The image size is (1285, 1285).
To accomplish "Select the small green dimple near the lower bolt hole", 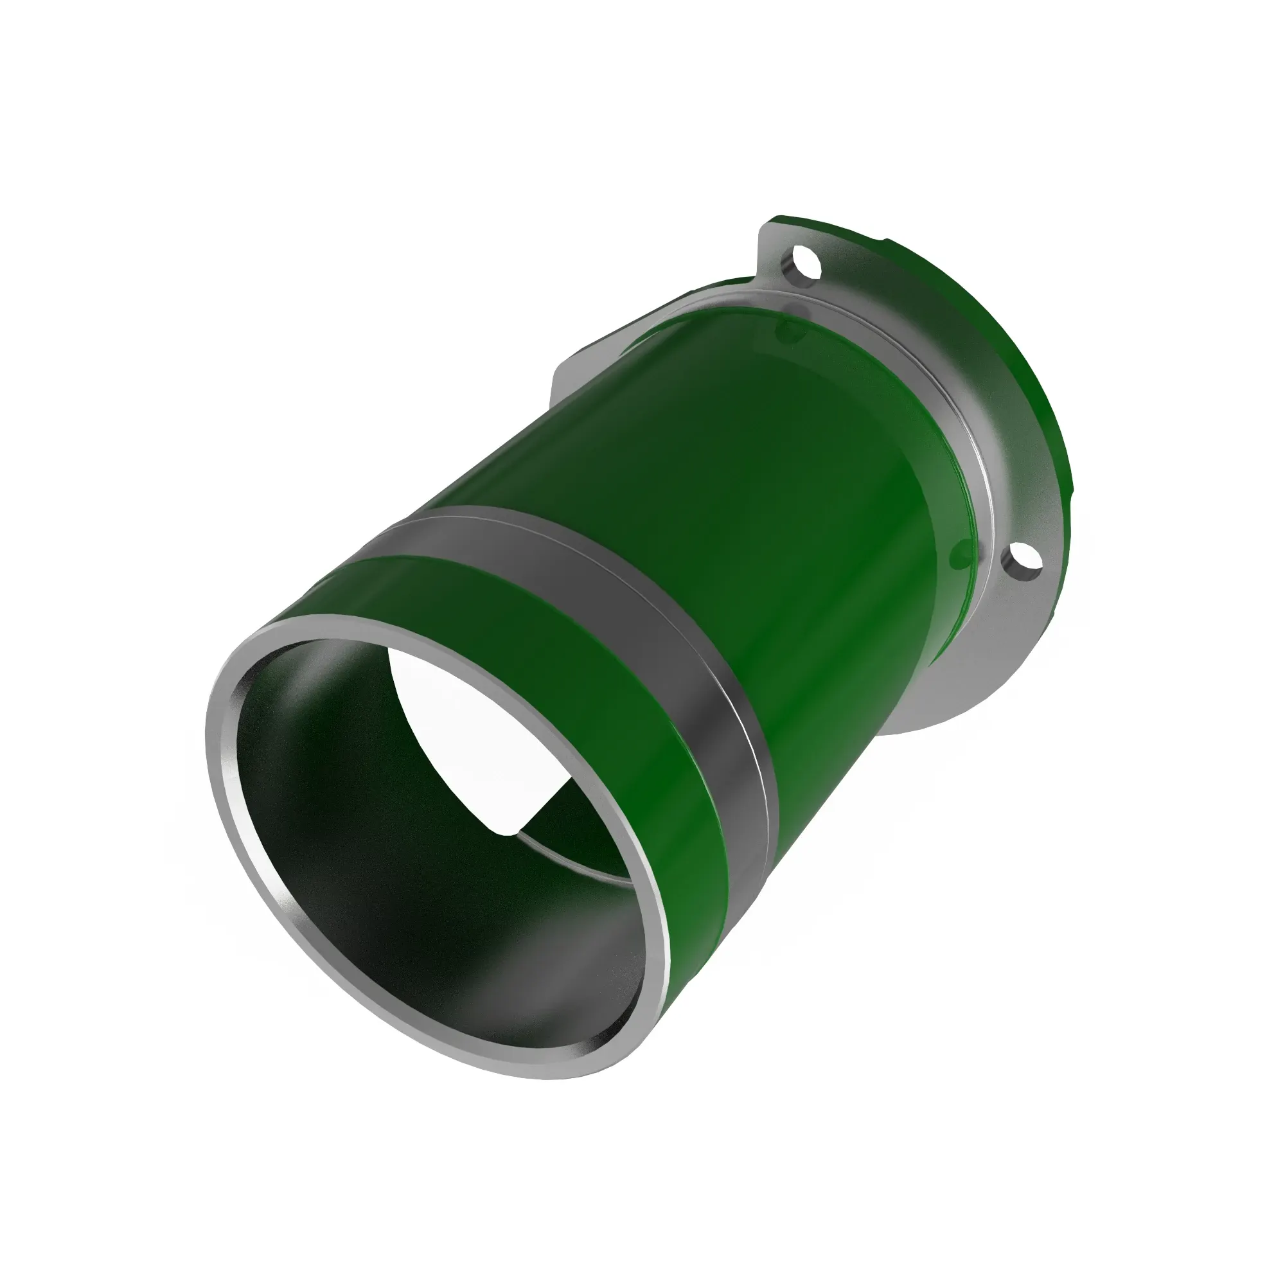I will click(962, 553).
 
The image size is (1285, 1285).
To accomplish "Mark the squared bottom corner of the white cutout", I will click(516, 831).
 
